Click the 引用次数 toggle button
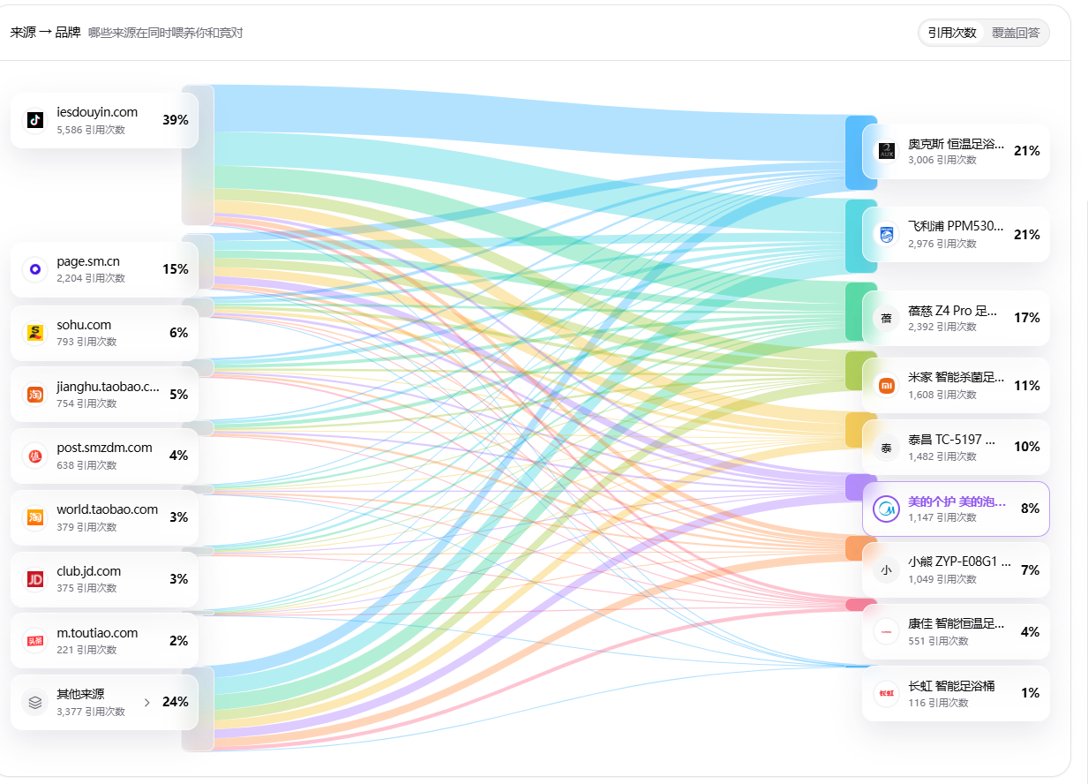[951, 33]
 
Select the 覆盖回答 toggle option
[1015, 33]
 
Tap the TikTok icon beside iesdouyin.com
[35, 119]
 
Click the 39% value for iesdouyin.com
[176, 119]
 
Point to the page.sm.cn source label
[88, 261]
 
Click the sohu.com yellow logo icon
[35, 333]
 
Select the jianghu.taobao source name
[108, 387]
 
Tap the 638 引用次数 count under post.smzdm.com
[86, 465]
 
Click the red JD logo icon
[35, 579]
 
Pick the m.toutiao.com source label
[97, 633]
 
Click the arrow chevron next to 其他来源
[146, 703]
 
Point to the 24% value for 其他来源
[176, 701]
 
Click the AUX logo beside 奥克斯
[887, 151]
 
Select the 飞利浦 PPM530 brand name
[956, 226]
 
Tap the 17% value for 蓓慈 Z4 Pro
[1027, 317]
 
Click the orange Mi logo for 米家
[887, 386]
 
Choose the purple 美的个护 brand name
[957, 501]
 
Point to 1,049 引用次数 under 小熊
[942, 579]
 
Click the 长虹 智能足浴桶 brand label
[951, 686]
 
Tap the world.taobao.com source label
[108, 509]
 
